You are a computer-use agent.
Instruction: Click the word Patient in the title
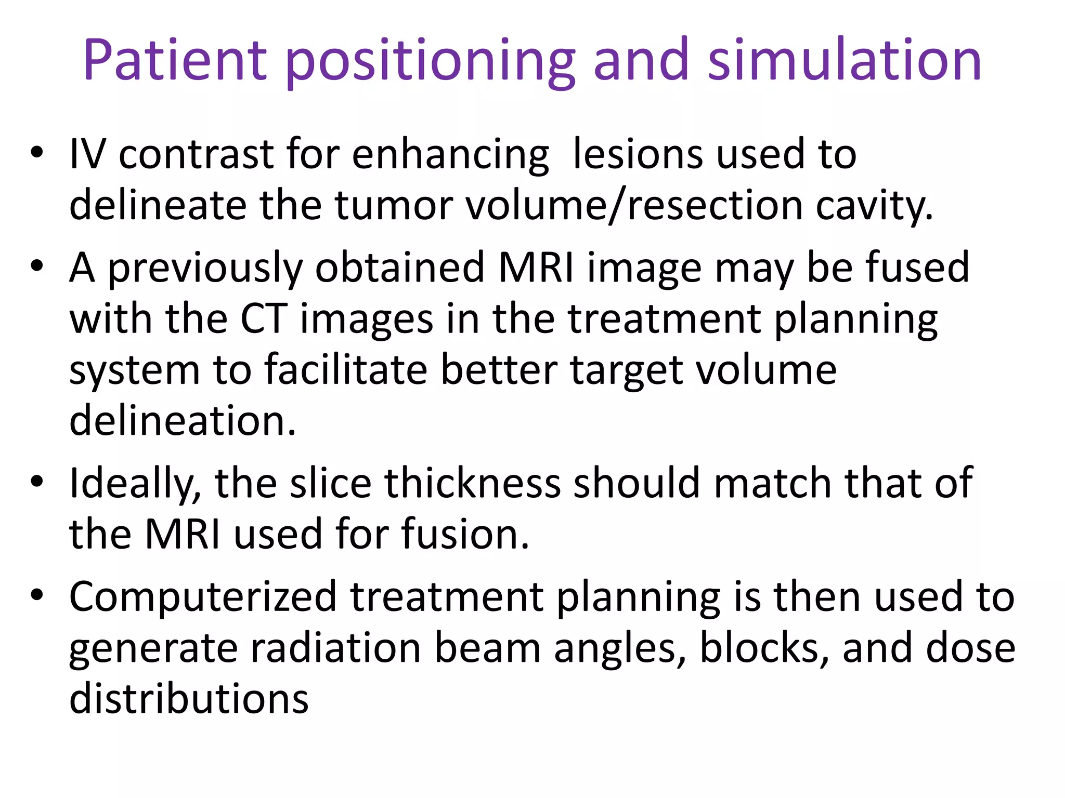pyautogui.click(x=175, y=61)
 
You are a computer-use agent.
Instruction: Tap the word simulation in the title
pyautogui.click(x=845, y=61)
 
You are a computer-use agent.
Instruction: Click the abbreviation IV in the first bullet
pyautogui.click(x=87, y=154)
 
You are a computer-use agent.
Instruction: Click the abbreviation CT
pyautogui.click(x=264, y=318)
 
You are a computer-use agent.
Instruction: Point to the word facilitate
pyautogui.click(x=346, y=370)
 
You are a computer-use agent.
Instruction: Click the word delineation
pyautogui.click(x=183, y=421)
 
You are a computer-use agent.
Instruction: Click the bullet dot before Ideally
pyautogui.click(x=37, y=482)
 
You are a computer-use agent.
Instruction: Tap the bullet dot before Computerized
pyautogui.click(x=37, y=595)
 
